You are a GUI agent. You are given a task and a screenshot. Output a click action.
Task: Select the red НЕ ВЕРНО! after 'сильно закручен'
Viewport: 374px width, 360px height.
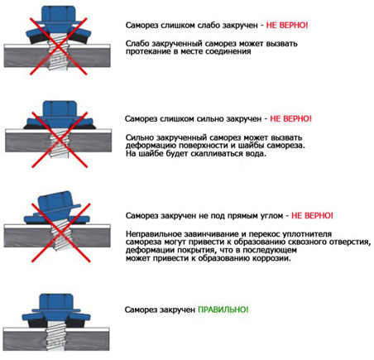tap(301, 118)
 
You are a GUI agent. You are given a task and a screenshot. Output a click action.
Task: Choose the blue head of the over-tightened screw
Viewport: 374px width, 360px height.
tap(60, 113)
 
